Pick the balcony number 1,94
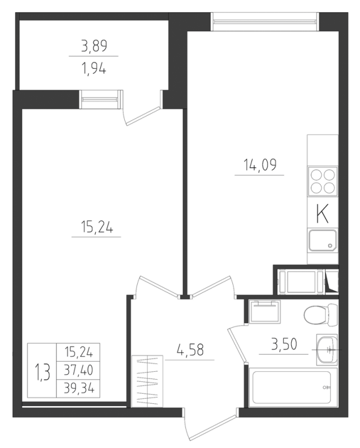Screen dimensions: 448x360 pyautogui.click(x=93, y=69)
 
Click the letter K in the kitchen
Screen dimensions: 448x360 pyautogui.click(x=322, y=213)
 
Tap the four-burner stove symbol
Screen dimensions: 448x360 pyautogui.click(x=323, y=181)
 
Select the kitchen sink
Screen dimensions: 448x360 pyautogui.click(x=322, y=240)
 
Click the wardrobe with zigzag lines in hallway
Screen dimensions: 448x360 pyautogui.click(x=145, y=381)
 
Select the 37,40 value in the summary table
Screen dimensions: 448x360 pyautogui.click(x=78, y=370)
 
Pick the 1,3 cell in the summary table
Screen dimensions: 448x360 pyautogui.click(x=43, y=370)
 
